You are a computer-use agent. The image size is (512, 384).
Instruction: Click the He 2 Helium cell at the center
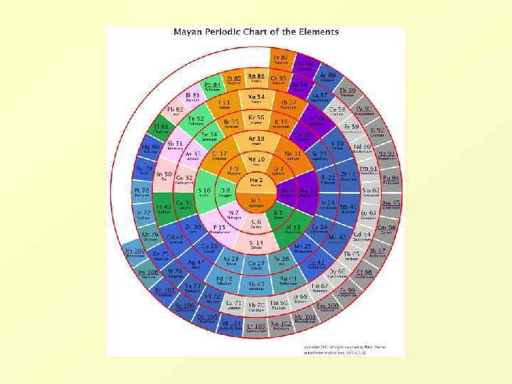(256, 182)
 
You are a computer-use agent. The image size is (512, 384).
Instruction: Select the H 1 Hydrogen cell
(256, 203)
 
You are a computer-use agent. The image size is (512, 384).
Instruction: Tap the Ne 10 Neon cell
(256, 160)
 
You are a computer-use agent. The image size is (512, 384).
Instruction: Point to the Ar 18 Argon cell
(256, 139)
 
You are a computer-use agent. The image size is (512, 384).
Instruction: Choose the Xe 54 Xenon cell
(256, 97)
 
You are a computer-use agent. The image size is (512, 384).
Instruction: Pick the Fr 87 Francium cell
(280, 58)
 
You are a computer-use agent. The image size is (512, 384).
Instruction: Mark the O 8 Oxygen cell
(225, 192)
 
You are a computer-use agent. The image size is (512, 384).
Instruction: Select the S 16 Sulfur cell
(204, 192)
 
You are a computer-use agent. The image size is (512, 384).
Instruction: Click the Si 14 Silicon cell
(256, 244)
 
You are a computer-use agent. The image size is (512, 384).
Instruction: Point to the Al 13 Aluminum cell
(302, 228)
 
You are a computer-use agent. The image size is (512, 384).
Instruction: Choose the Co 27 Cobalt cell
(256, 265)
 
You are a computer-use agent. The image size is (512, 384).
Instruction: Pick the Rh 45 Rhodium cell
(256, 286)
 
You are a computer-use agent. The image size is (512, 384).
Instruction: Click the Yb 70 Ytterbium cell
(256, 306)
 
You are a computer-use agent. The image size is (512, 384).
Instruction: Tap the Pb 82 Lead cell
(175, 110)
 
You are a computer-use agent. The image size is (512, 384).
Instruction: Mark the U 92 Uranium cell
(378, 132)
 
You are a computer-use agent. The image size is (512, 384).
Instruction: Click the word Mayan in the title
(190, 32)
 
